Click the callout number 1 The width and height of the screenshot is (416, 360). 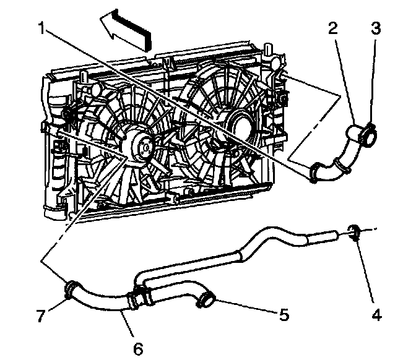click(x=40, y=28)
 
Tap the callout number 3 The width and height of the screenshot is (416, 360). click(x=375, y=28)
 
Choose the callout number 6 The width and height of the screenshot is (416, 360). click(x=137, y=348)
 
